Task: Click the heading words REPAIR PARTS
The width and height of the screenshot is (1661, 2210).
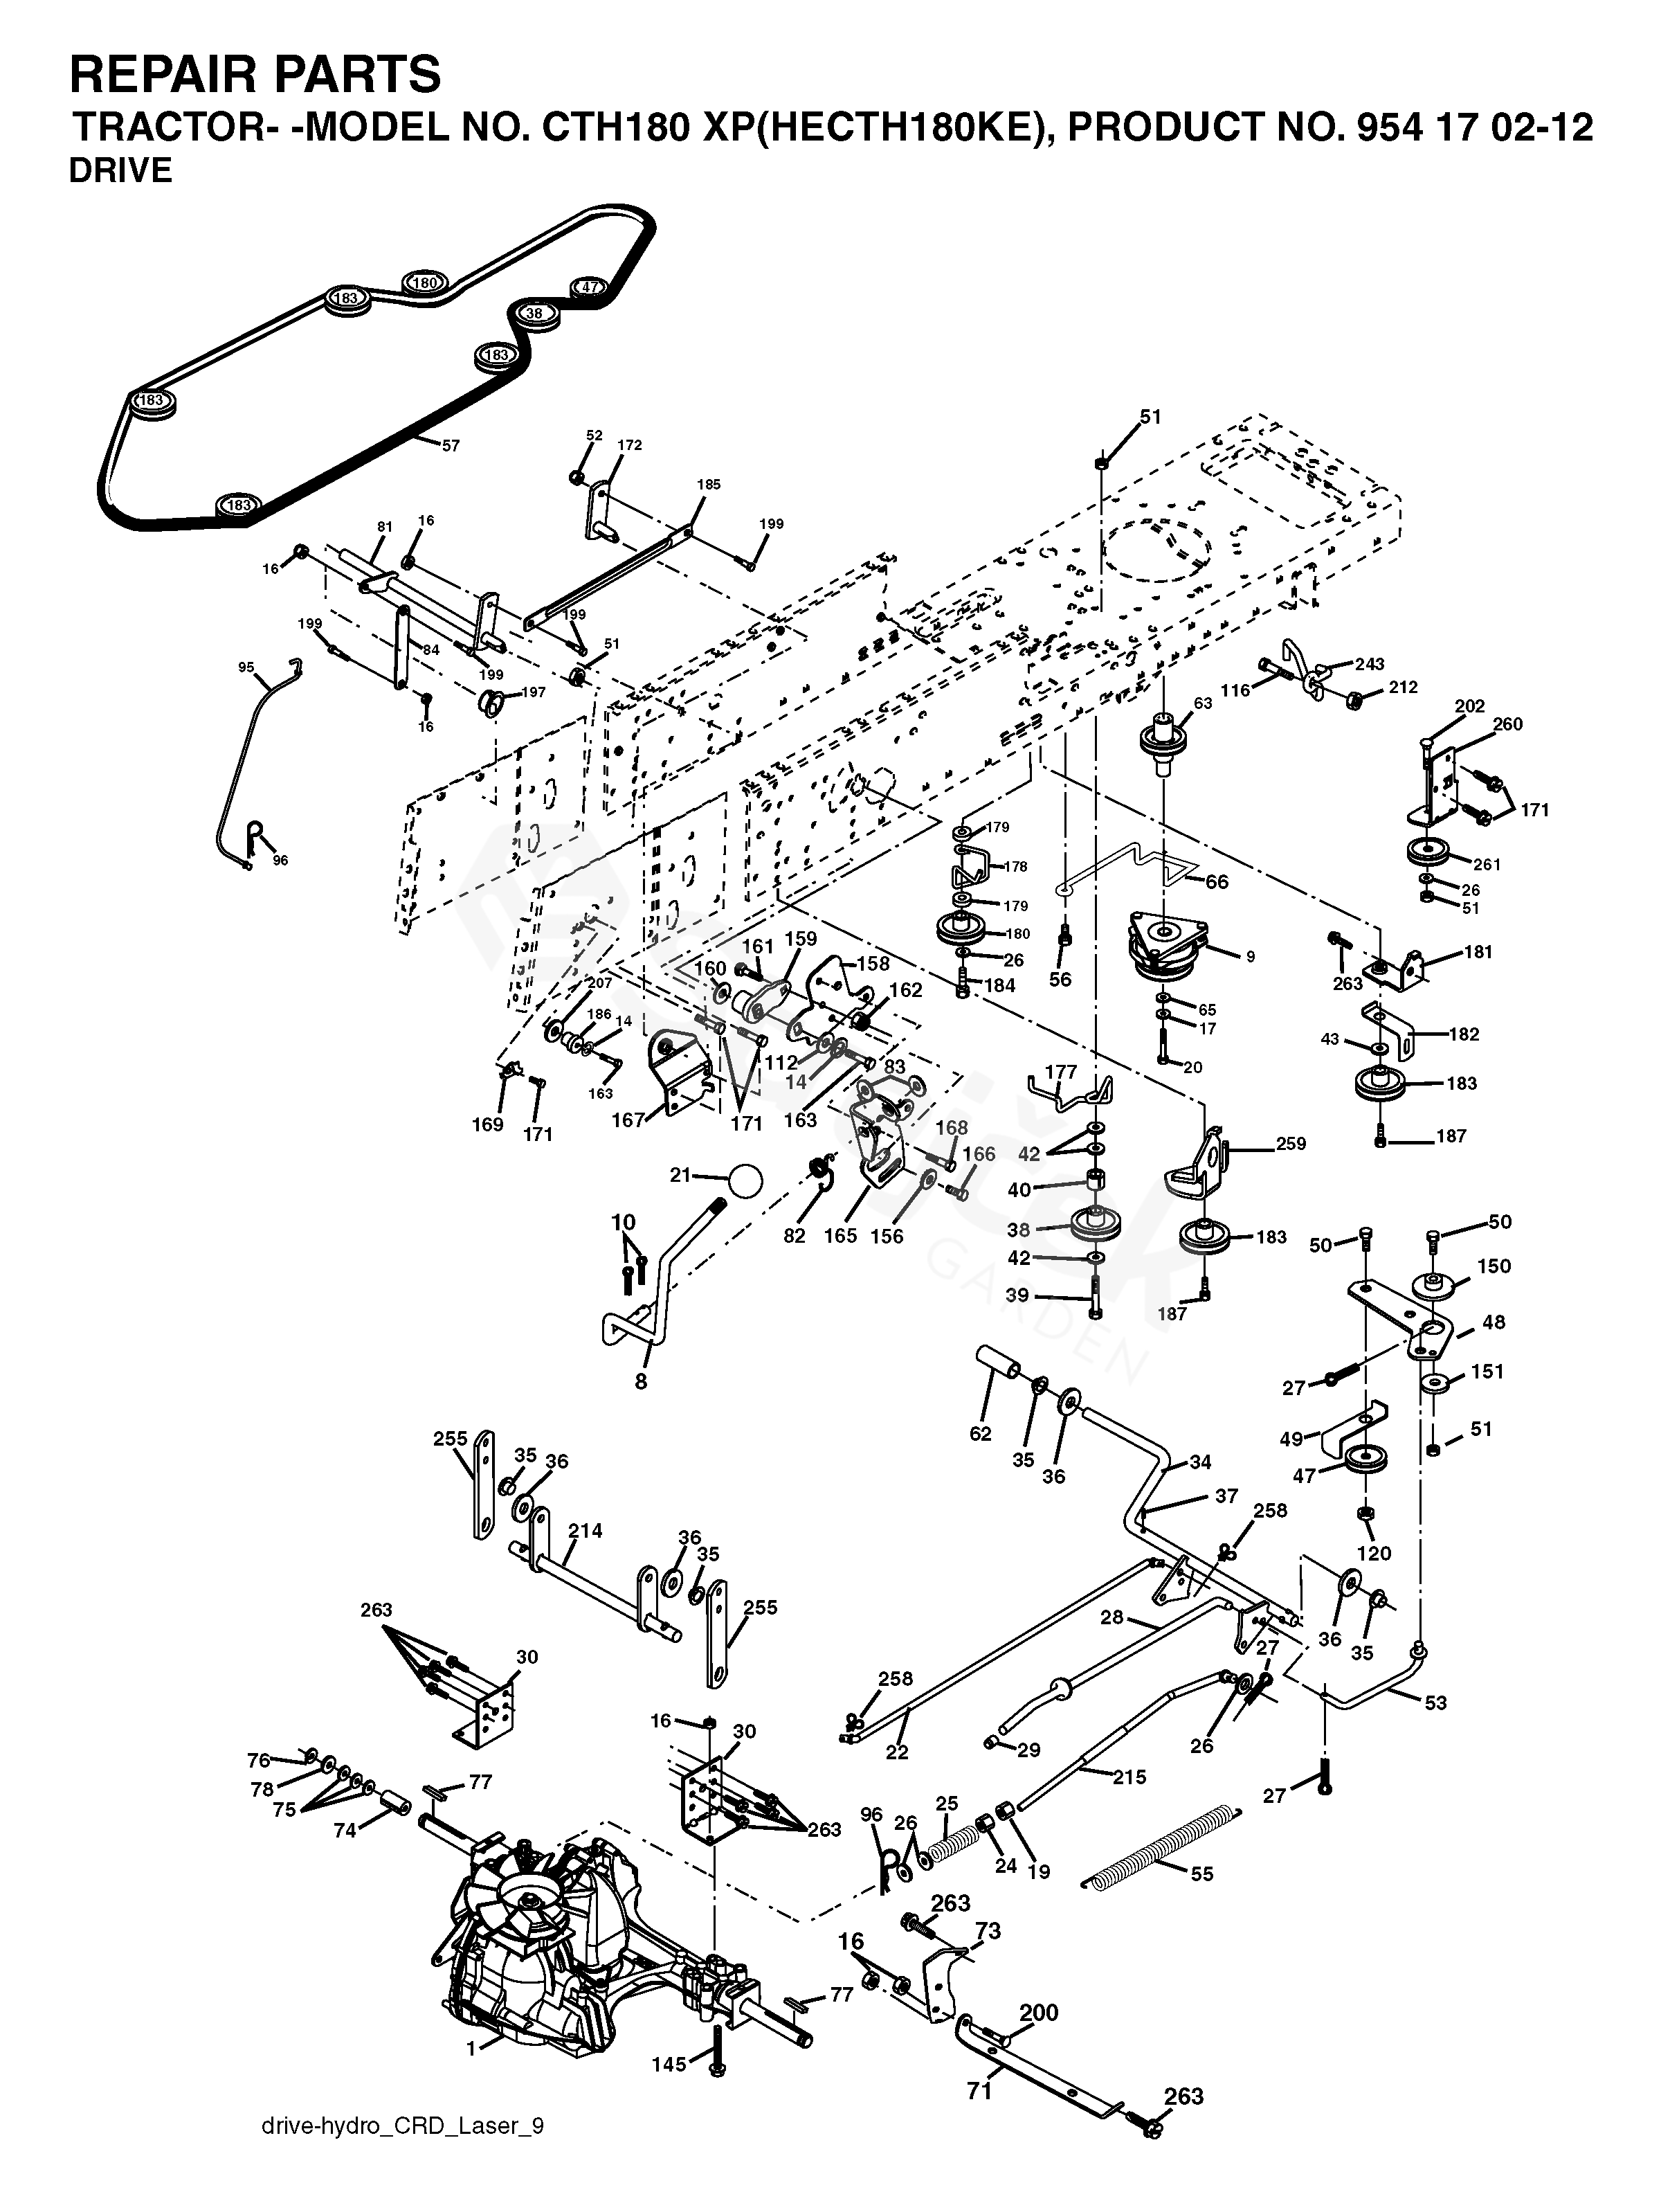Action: click(x=255, y=75)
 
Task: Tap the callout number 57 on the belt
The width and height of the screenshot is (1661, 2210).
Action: click(x=451, y=446)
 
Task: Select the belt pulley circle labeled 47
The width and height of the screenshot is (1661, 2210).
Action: click(x=589, y=288)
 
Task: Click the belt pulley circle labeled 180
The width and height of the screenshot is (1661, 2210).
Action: click(x=424, y=282)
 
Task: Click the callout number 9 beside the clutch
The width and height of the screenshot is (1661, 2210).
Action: click(x=1249, y=956)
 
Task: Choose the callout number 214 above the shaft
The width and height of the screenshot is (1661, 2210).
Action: click(x=586, y=1529)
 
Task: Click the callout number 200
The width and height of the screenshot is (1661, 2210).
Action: click(x=1039, y=2012)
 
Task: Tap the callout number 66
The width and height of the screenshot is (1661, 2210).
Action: click(x=1217, y=881)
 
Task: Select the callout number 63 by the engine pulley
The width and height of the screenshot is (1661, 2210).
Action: click(x=1203, y=703)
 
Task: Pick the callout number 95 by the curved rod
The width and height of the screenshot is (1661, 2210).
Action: click(x=246, y=667)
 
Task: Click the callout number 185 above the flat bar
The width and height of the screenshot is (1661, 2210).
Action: click(x=708, y=485)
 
